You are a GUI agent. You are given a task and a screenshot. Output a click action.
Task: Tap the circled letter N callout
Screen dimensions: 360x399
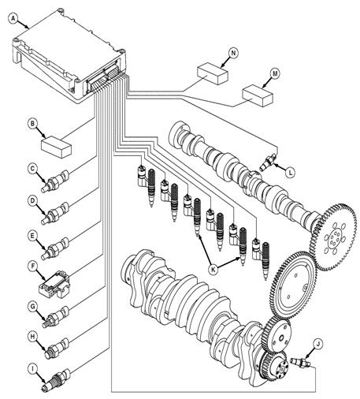(x=233, y=53)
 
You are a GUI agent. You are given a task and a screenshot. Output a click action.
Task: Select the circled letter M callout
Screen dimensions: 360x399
(x=275, y=74)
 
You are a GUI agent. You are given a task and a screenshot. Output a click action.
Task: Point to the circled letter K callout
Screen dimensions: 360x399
(x=213, y=270)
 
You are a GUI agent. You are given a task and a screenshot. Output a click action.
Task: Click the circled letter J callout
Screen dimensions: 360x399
(x=318, y=344)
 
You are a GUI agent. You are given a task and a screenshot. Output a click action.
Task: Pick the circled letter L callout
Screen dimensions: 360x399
(x=290, y=173)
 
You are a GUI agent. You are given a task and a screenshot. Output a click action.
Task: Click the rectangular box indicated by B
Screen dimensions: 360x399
(x=57, y=147)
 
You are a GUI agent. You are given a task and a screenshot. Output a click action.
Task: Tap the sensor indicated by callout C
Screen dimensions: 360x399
(x=55, y=181)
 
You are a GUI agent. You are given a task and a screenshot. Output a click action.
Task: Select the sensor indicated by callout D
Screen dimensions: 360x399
(x=55, y=213)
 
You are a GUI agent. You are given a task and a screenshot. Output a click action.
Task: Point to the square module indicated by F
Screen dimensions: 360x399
(x=54, y=285)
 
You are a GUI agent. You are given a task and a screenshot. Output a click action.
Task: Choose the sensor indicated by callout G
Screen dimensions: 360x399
(x=55, y=317)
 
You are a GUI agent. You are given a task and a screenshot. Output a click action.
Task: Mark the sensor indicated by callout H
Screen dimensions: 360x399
(x=57, y=349)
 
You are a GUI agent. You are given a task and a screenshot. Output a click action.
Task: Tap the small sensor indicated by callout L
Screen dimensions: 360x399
(x=268, y=162)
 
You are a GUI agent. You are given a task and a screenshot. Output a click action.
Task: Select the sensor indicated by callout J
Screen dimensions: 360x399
(x=301, y=362)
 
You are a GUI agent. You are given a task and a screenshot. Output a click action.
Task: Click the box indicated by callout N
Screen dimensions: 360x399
(x=213, y=73)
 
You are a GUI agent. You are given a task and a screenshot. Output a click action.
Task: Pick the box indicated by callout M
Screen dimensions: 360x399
(x=258, y=95)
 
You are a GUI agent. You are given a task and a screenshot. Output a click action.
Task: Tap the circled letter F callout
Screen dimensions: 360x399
(x=33, y=266)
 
